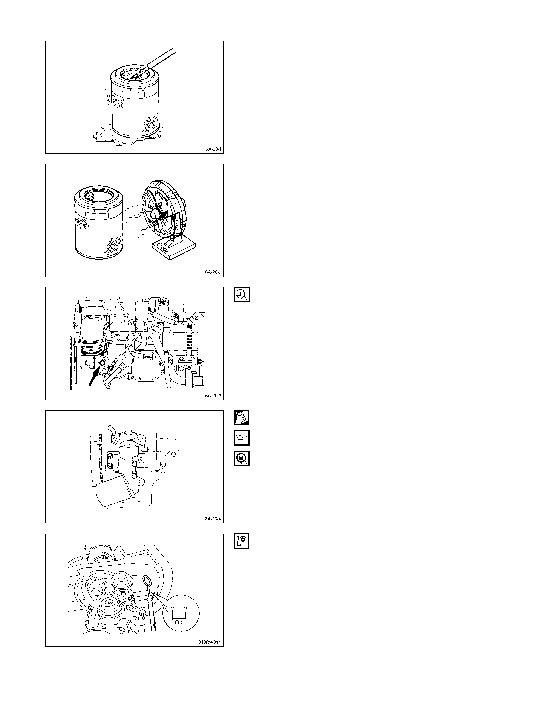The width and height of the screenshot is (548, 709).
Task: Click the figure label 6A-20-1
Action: pos(213,149)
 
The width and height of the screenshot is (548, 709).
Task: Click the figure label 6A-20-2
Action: pos(213,272)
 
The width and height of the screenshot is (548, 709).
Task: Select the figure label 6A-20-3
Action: pos(213,396)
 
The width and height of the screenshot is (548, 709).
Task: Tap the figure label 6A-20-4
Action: pos(213,519)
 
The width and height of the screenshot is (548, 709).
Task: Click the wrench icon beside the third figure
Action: pos(242,295)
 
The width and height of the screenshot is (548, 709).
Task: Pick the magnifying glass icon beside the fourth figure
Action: pos(242,458)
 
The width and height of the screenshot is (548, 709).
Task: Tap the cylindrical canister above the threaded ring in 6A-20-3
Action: pos(93,329)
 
